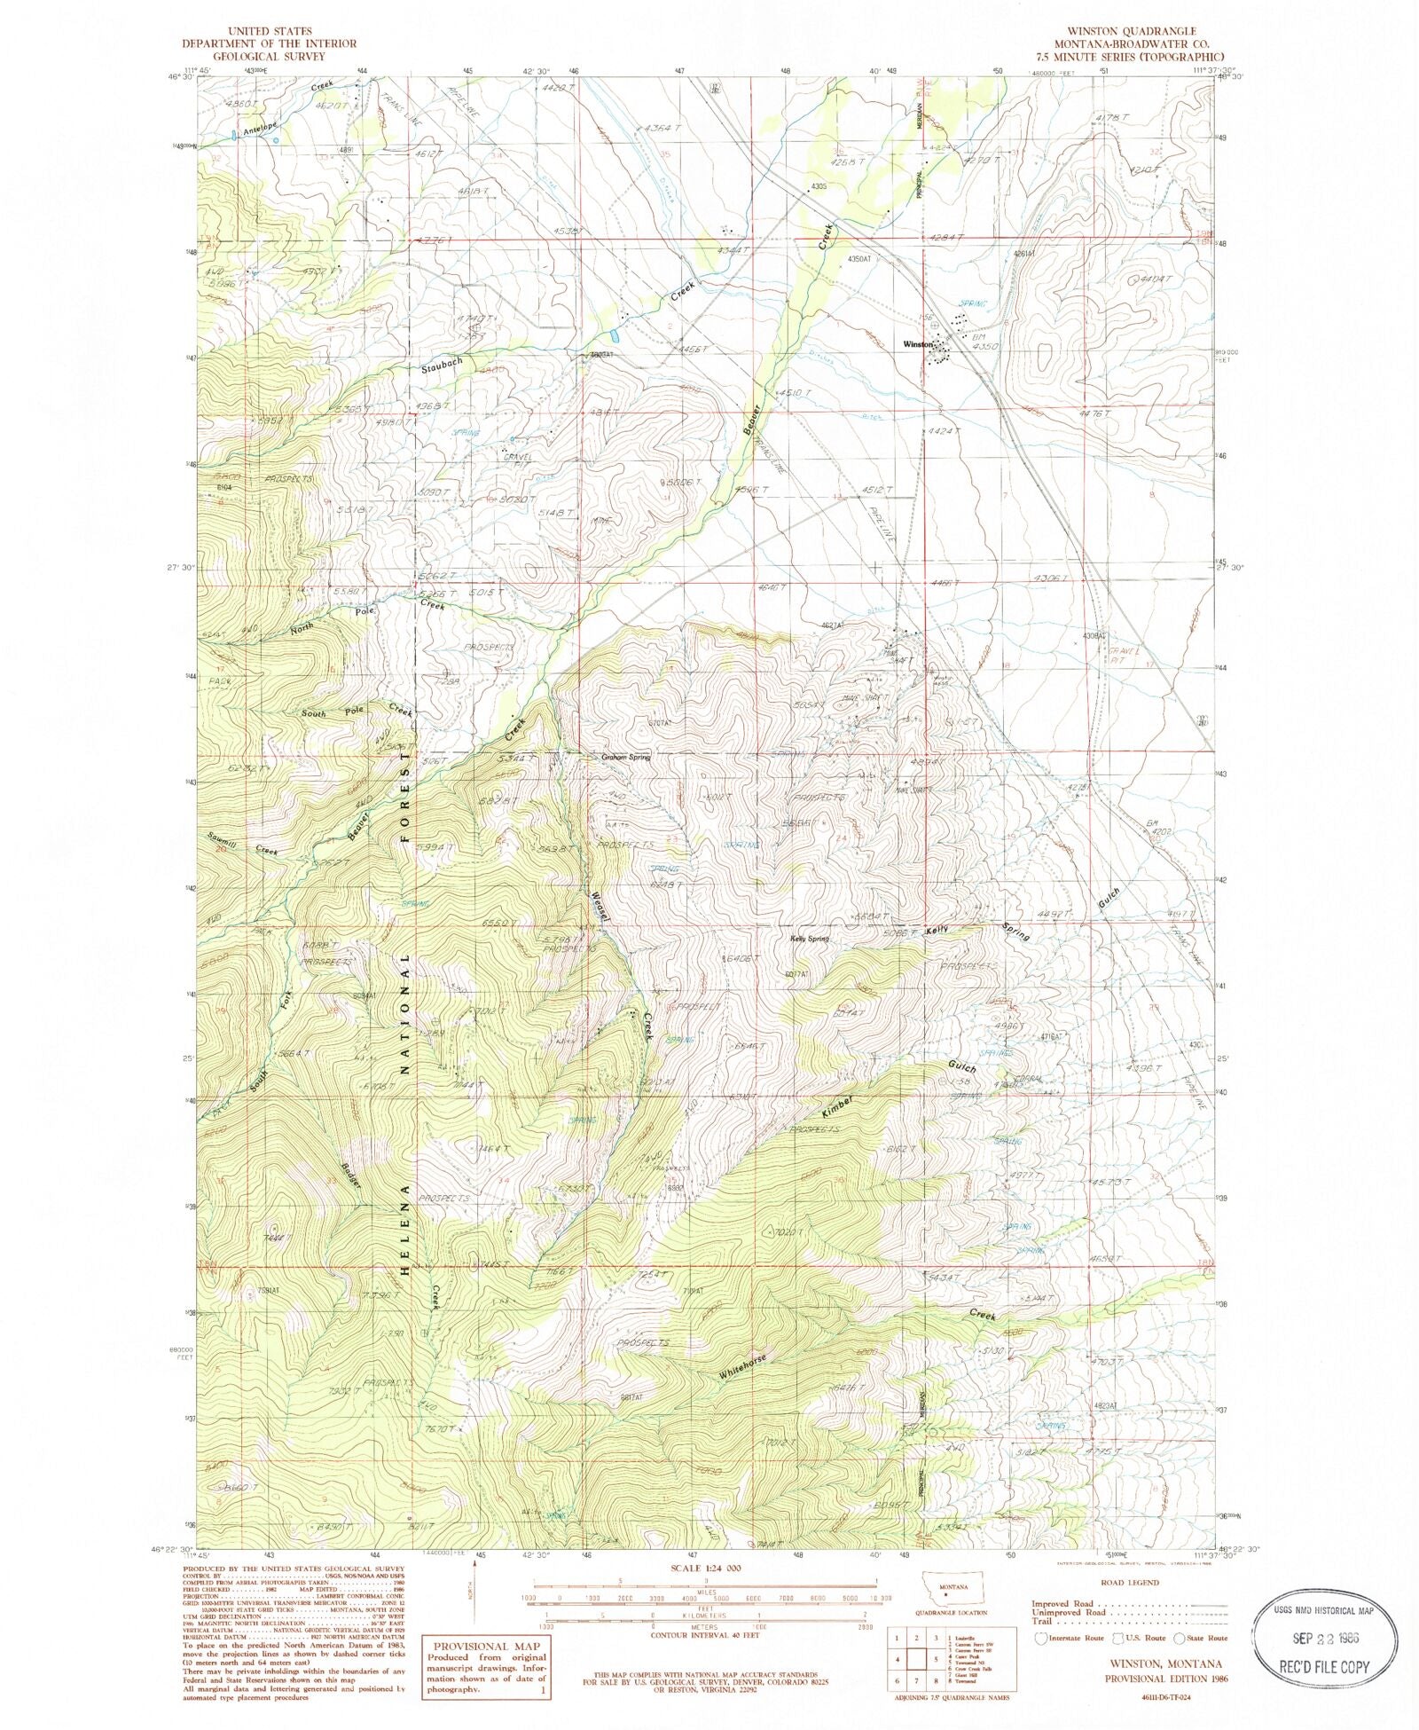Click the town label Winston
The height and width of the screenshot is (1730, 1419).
coord(917,344)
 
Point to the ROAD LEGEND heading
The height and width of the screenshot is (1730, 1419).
coord(1126,1582)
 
